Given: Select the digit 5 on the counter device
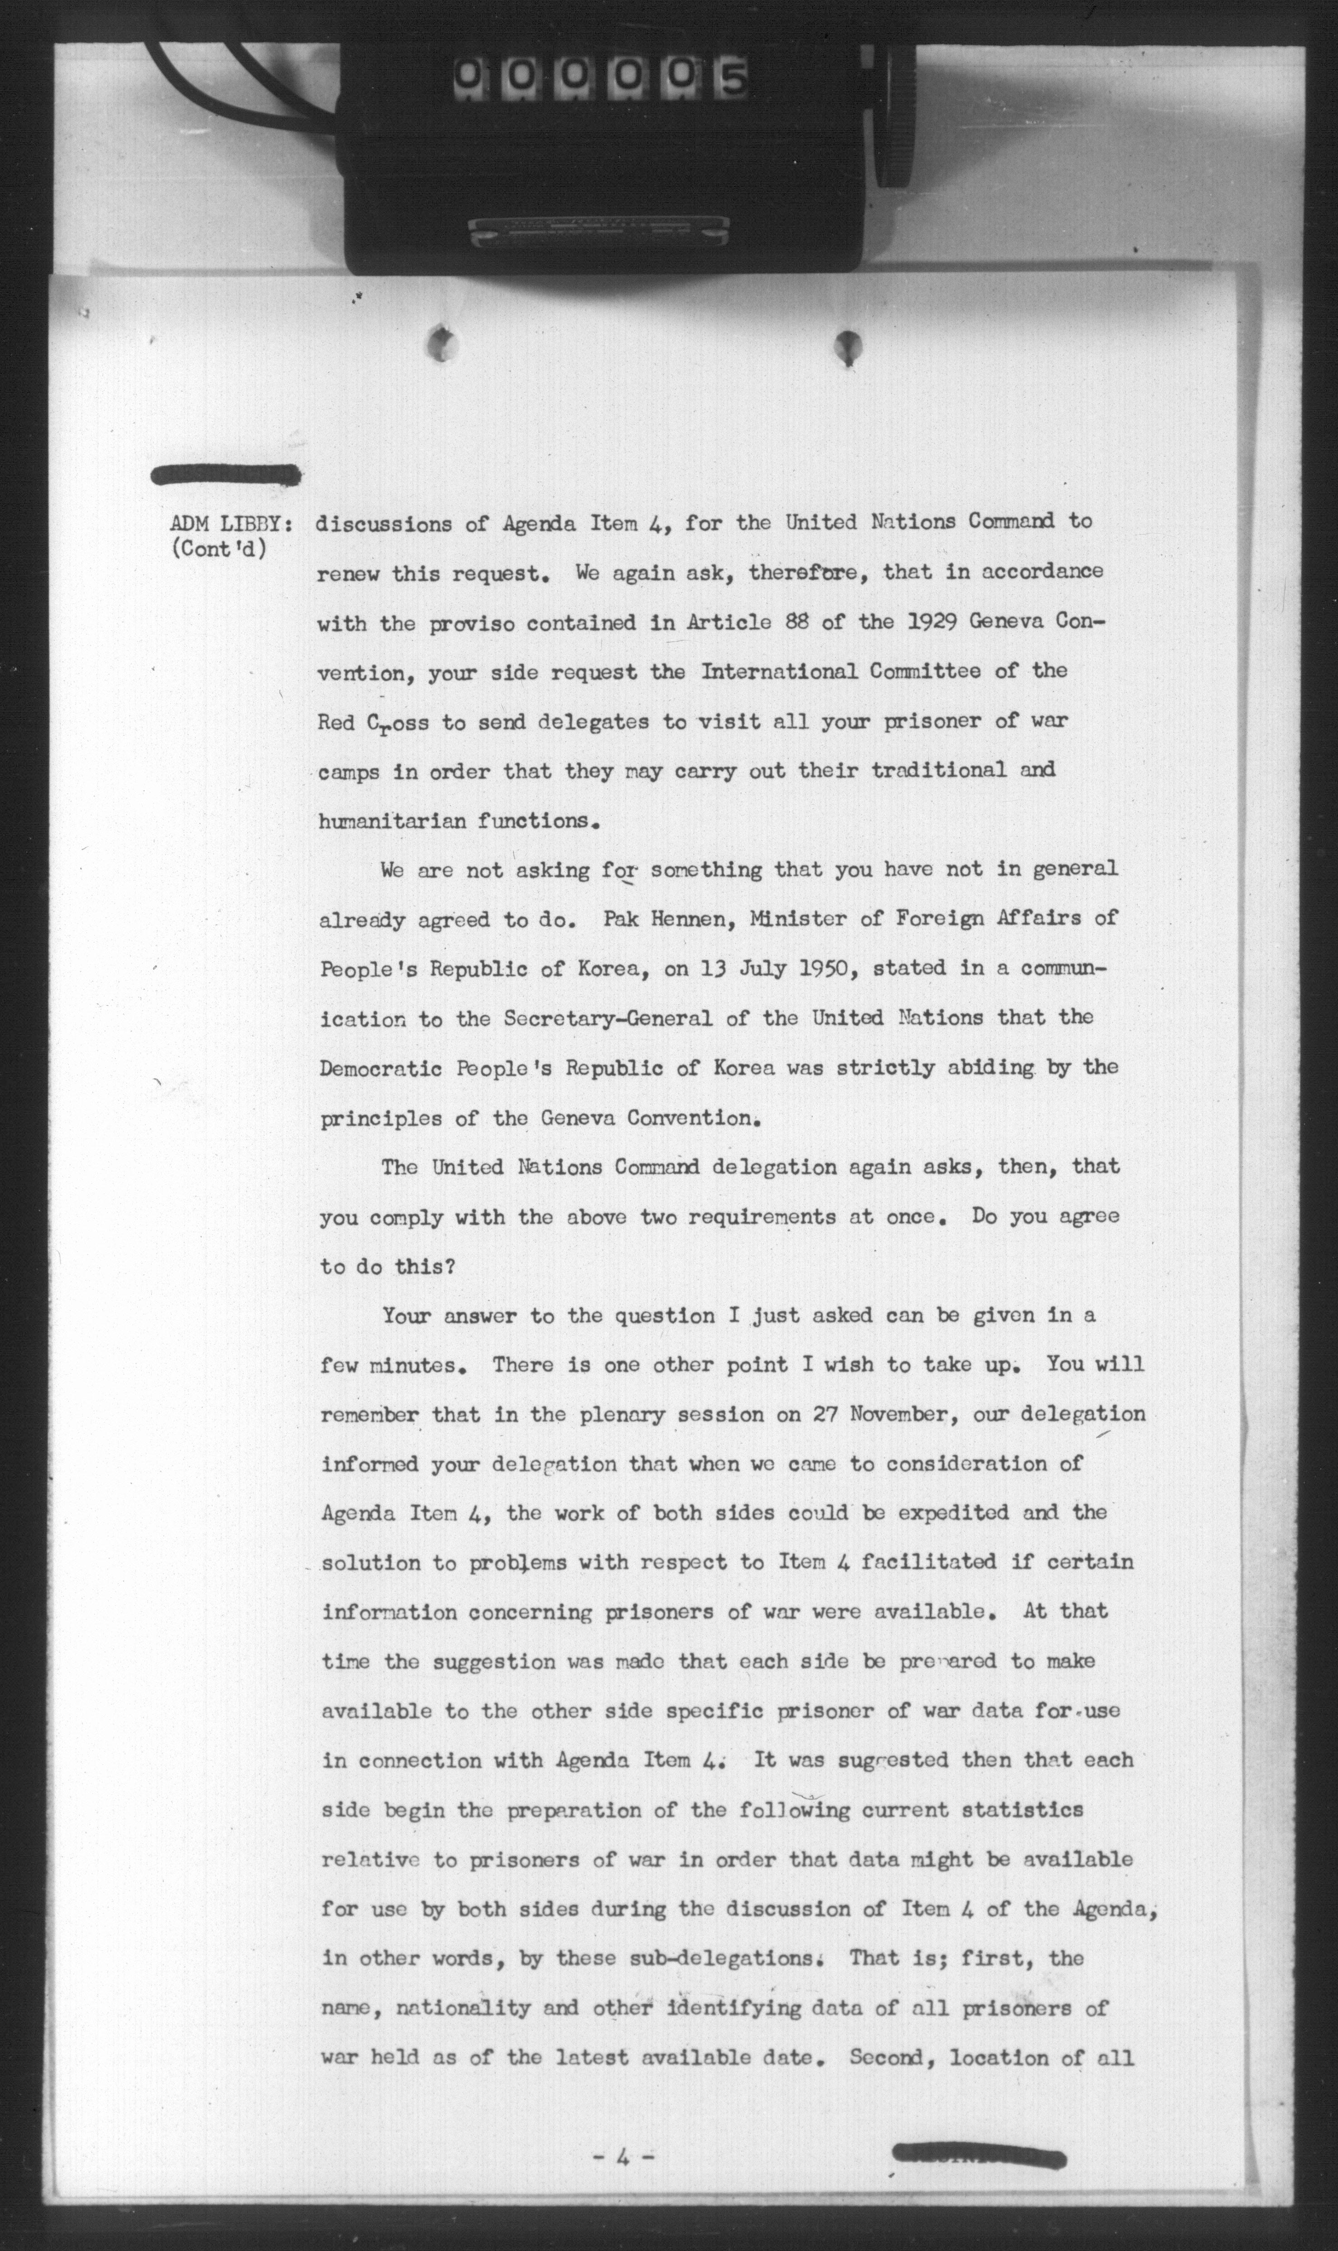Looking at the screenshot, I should coord(732,79).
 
